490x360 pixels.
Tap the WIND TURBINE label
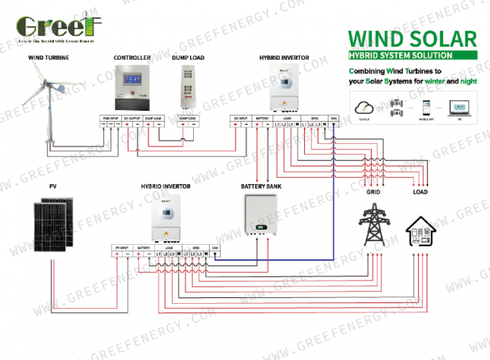tap(49, 57)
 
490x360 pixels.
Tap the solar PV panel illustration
tap(53, 224)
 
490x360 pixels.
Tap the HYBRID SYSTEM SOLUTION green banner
tap(401, 55)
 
